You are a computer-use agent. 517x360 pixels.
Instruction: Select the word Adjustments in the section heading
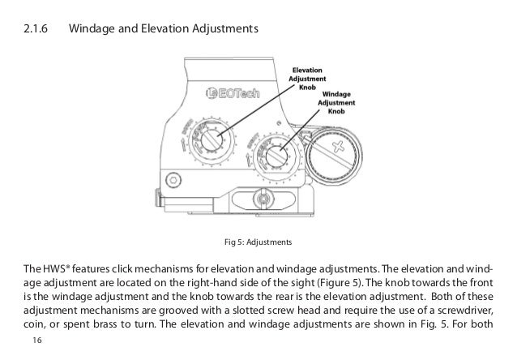[222, 31]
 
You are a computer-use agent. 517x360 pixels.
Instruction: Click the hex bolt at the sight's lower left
[171, 179]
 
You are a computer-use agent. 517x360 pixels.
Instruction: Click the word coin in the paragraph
[36, 328]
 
